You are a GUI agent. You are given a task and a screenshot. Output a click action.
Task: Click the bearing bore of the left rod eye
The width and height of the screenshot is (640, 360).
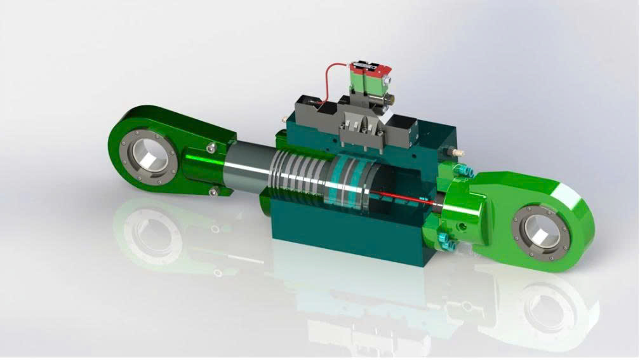[150, 154]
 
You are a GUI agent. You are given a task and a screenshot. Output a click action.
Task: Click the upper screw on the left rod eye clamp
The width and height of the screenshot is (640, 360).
[211, 148]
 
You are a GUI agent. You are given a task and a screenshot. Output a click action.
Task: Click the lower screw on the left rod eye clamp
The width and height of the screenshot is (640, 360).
[214, 192]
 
